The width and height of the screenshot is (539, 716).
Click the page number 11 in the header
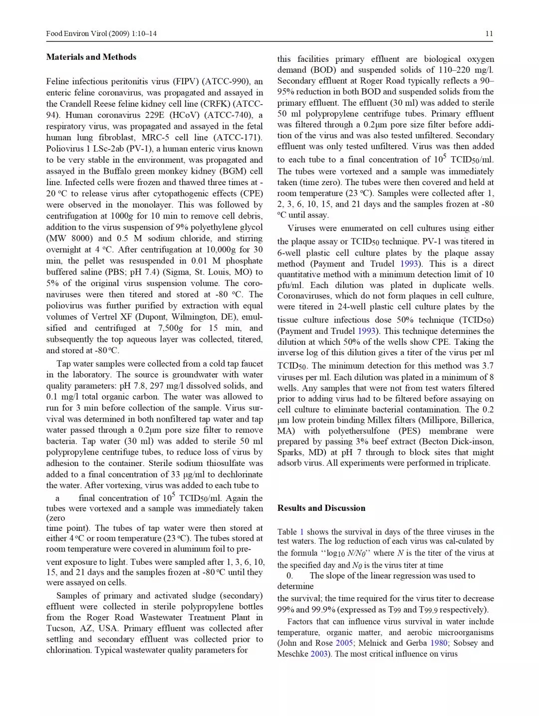(x=489, y=33)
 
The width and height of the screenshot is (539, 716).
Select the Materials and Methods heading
(x=91, y=57)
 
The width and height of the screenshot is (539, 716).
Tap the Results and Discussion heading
(x=321, y=508)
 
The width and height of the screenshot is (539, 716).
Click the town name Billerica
(x=477, y=420)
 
